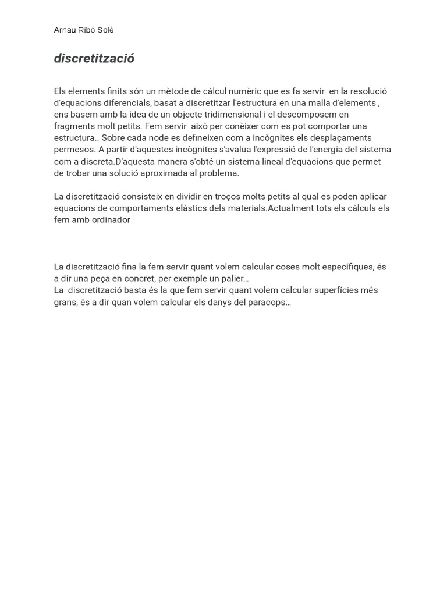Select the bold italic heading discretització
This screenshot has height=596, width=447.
(x=94, y=59)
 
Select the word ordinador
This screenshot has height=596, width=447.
(x=111, y=220)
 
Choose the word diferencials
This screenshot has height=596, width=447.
(x=122, y=103)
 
